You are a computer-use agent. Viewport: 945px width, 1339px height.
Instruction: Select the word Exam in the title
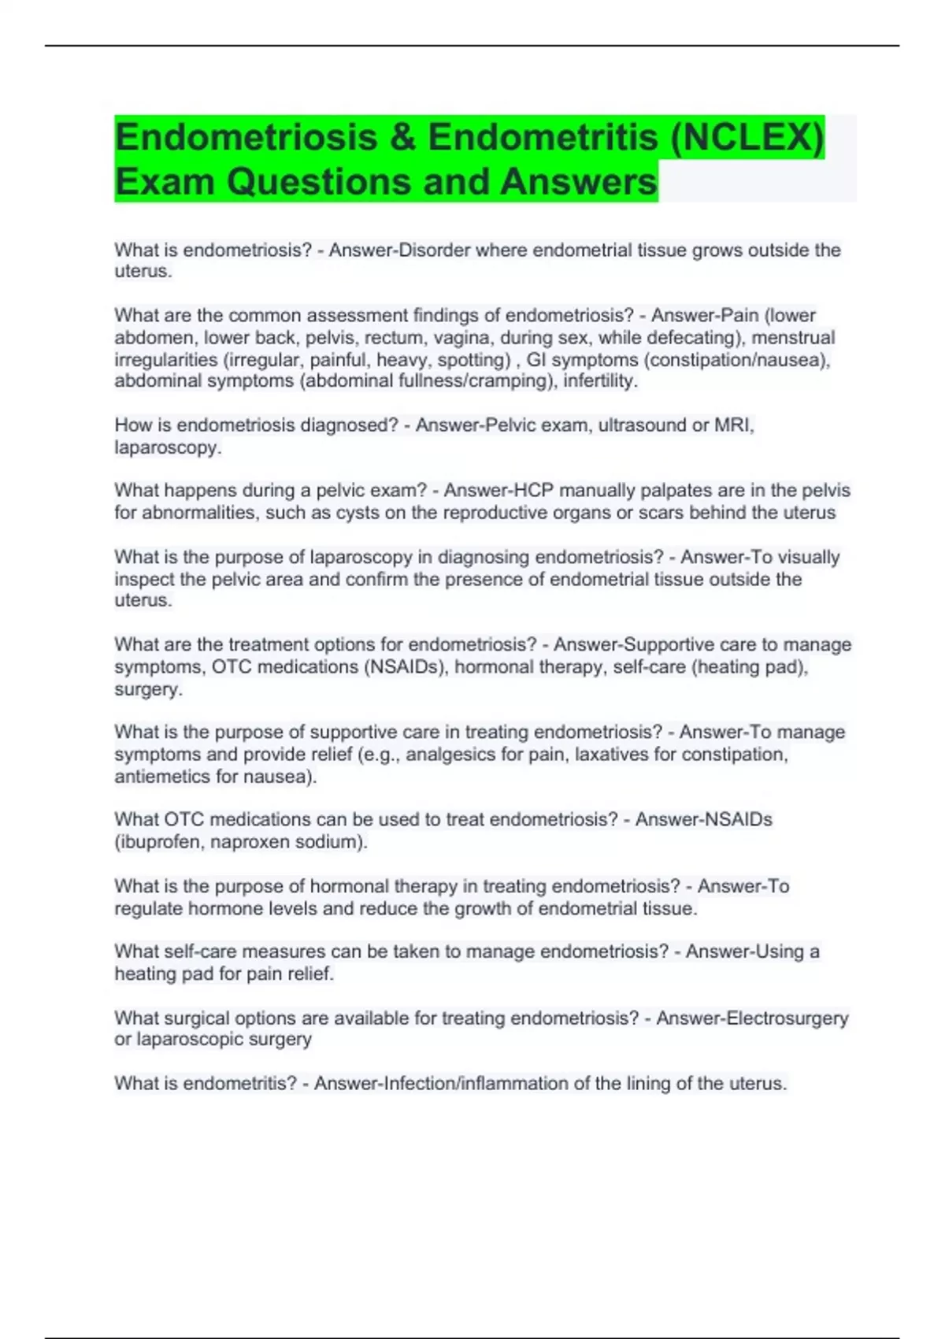tap(165, 182)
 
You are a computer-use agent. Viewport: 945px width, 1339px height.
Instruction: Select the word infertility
tap(600, 381)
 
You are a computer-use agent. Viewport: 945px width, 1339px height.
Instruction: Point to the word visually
tap(809, 557)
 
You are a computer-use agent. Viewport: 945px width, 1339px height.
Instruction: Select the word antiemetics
tap(162, 777)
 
